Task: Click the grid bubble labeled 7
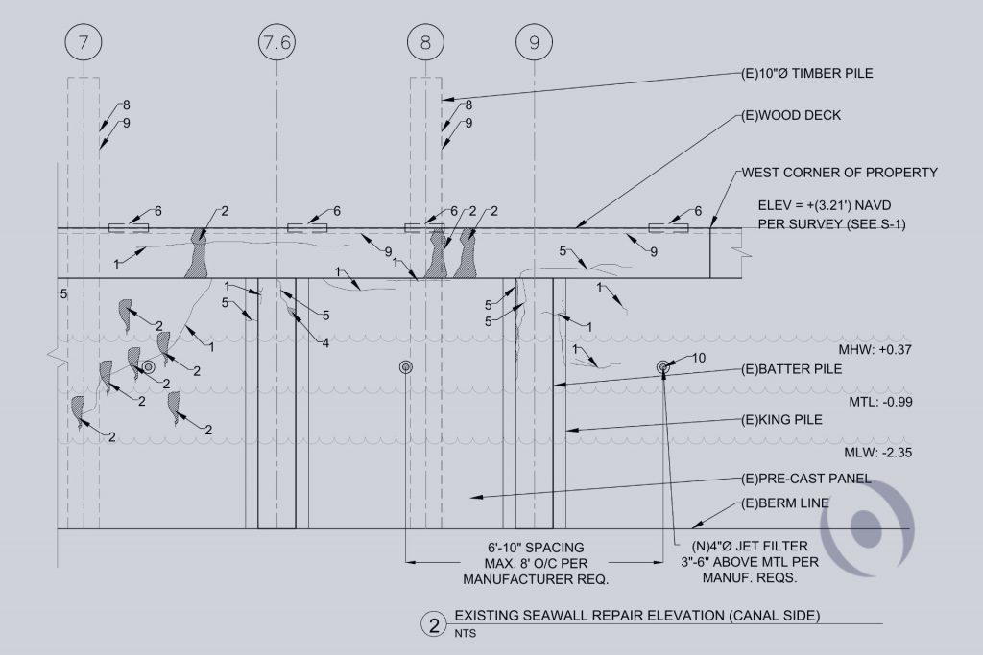(84, 42)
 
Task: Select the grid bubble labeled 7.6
(276, 42)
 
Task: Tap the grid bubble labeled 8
(424, 42)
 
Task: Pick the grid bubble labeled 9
(534, 42)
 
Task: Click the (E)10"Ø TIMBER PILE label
(807, 72)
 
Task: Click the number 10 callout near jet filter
(698, 359)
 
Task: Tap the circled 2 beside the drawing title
(434, 626)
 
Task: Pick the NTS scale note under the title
(466, 633)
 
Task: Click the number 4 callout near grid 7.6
(326, 342)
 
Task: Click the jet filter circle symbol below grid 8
(405, 367)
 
